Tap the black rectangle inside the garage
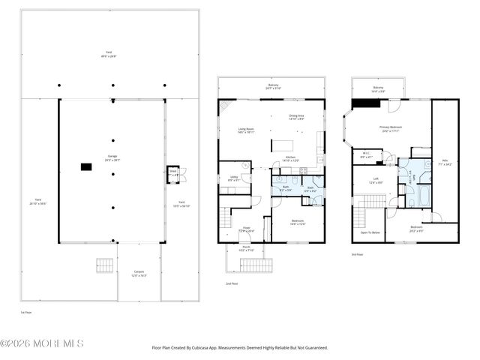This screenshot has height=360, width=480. coord(86,167)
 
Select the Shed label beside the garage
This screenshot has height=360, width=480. coord(172,172)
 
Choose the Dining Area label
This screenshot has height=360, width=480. coord(297,117)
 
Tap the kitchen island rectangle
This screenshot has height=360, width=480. coord(282,143)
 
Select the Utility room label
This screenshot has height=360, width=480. coord(233,178)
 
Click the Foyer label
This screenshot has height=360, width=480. coord(245,229)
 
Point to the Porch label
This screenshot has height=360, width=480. coord(245,248)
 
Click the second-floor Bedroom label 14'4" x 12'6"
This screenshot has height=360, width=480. coord(298,222)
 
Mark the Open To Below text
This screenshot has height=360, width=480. coord(370,232)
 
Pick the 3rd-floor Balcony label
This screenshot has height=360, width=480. coord(378,88)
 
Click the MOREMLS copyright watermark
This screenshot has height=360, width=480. coord(43,343)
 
